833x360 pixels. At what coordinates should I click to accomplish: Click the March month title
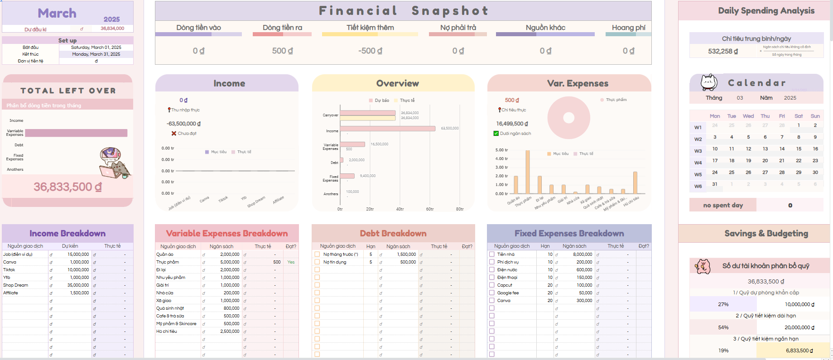[57, 13]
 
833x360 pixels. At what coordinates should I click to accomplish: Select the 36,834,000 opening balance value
[112, 29]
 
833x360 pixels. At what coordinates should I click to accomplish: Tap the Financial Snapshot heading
[403, 10]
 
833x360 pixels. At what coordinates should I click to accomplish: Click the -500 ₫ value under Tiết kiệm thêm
[370, 51]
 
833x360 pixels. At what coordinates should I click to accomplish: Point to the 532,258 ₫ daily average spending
[723, 52]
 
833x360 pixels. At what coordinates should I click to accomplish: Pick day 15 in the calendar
[799, 149]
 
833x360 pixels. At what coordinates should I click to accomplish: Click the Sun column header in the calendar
[815, 116]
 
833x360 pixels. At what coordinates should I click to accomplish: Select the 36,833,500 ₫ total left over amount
[67, 187]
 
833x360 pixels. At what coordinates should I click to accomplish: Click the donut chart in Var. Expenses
[568, 118]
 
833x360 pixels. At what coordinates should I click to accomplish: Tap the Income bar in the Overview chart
[387, 129]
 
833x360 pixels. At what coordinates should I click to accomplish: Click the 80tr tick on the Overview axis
[460, 209]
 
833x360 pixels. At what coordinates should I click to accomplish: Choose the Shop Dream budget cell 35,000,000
[78, 285]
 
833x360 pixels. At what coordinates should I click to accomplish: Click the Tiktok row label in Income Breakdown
[10, 270]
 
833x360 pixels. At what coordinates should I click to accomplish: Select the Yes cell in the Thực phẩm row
[291, 262]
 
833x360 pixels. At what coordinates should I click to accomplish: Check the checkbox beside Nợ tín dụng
[317, 262]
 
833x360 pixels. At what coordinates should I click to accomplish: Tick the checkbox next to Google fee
[491, 293]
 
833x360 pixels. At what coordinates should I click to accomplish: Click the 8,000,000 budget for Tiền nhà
[582, 254]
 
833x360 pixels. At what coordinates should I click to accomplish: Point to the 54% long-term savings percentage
[723, 327]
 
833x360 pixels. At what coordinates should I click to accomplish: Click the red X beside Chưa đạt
[173, 134]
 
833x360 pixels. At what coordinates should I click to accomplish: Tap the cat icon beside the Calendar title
[708, 82]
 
